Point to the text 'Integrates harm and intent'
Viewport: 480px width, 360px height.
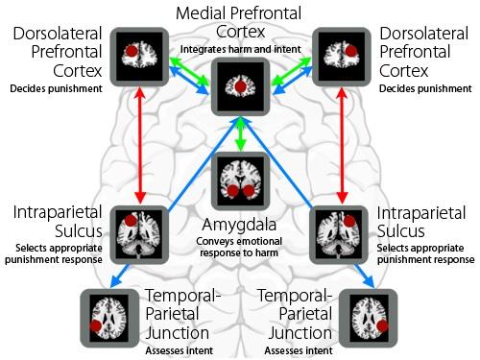(237, 48)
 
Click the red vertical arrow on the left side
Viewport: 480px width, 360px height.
(141, 144)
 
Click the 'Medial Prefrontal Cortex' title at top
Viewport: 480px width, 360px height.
(237, 22)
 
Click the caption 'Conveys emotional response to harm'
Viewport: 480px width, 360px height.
(238, 247)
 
